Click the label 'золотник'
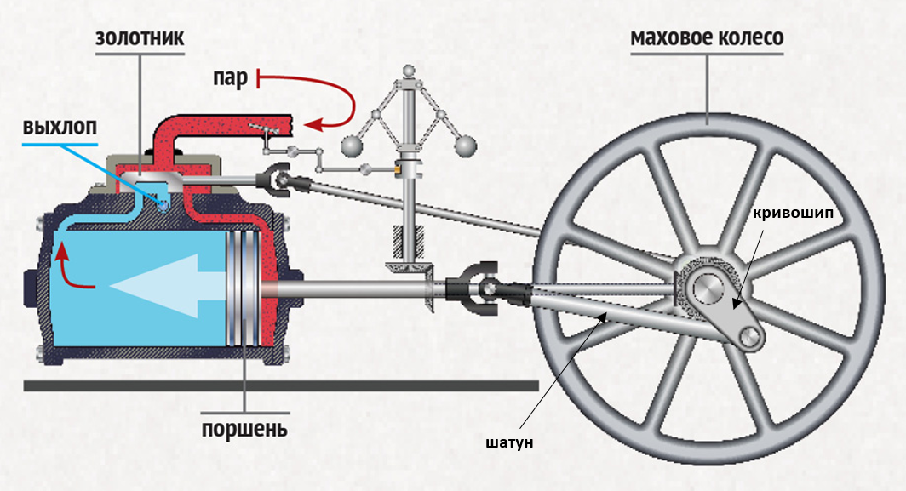tap(140, 40)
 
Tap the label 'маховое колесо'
tap(706, 39)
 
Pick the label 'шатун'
tap(508, 443)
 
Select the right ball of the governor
tap(464, 146)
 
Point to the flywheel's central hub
tap(707, 289)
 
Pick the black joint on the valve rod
tap(276, 179)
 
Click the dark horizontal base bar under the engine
tap(281, 385)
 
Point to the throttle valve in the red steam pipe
tap(268, 129)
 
